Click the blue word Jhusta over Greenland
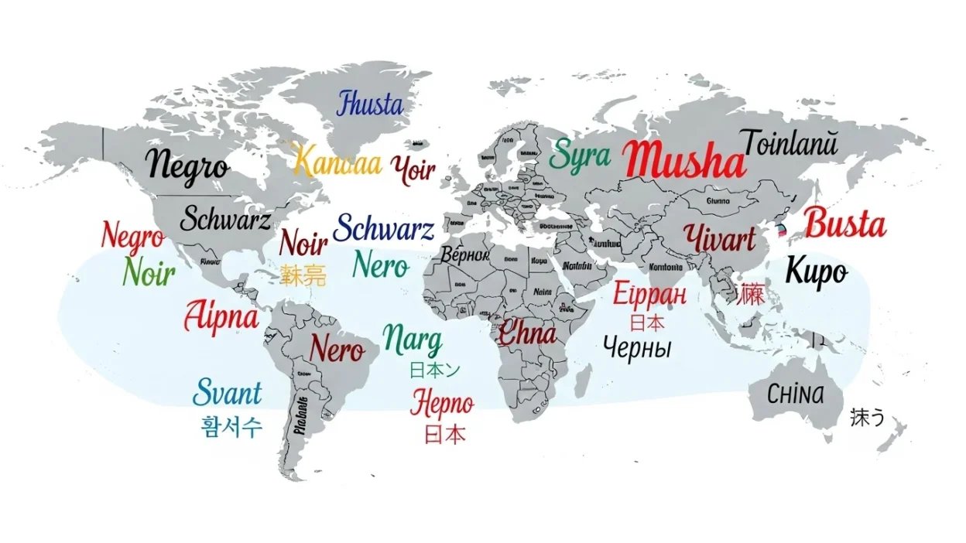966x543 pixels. point(370,104)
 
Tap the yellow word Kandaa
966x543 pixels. point(337,162)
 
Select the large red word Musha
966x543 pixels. point(686,160)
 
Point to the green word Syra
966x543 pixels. point(579,155)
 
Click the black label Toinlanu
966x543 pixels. point(790,144)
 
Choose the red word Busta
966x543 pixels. point(844,224)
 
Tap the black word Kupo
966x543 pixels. point(816,271)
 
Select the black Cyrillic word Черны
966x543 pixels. point(636,347)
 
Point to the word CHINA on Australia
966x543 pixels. point(795,394)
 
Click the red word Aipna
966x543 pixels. point(221,317)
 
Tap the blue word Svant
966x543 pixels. point(227,393)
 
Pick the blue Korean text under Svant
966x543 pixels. point(231,426)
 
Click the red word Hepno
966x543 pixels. point(442,403)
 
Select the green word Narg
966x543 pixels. point(413,340)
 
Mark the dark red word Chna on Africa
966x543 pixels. point(526,333)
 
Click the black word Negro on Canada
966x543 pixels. point(187,165)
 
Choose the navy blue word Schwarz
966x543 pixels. point(383,229)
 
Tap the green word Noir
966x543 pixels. point(149,272)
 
